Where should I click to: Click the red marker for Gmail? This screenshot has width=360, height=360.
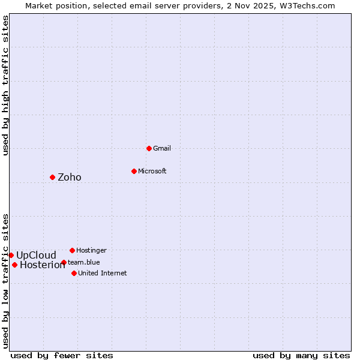coord(149,148)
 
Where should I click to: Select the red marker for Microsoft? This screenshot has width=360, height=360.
coord(134,171)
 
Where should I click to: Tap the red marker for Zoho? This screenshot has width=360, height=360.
coord(52,177)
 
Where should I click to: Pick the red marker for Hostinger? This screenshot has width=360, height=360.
coord(72,250)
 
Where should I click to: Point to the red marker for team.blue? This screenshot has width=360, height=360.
coord(64,262)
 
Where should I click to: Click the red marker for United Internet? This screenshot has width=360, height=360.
coord(74,273)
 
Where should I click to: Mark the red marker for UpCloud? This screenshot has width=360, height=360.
coord(11,255)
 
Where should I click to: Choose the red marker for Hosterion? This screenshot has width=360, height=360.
coord(14,265)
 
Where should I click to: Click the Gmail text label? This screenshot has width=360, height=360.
coord(162,148)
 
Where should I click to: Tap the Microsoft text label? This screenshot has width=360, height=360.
coord(152,171)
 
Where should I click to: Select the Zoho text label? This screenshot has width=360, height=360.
coord(69,177)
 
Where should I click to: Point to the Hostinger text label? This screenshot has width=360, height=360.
coord(91,250)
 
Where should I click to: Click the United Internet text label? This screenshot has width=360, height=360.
coord(102,273)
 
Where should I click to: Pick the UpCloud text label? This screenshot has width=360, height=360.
coord(36,255)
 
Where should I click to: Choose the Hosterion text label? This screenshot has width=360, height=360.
coord(42,265)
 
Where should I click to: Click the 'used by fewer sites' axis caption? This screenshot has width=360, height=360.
coord(62,355)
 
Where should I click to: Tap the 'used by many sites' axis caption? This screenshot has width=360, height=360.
coord(301,355)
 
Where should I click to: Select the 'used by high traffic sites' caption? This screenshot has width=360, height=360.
coord(5,85)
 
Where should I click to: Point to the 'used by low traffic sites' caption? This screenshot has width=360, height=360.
coord(5,280)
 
